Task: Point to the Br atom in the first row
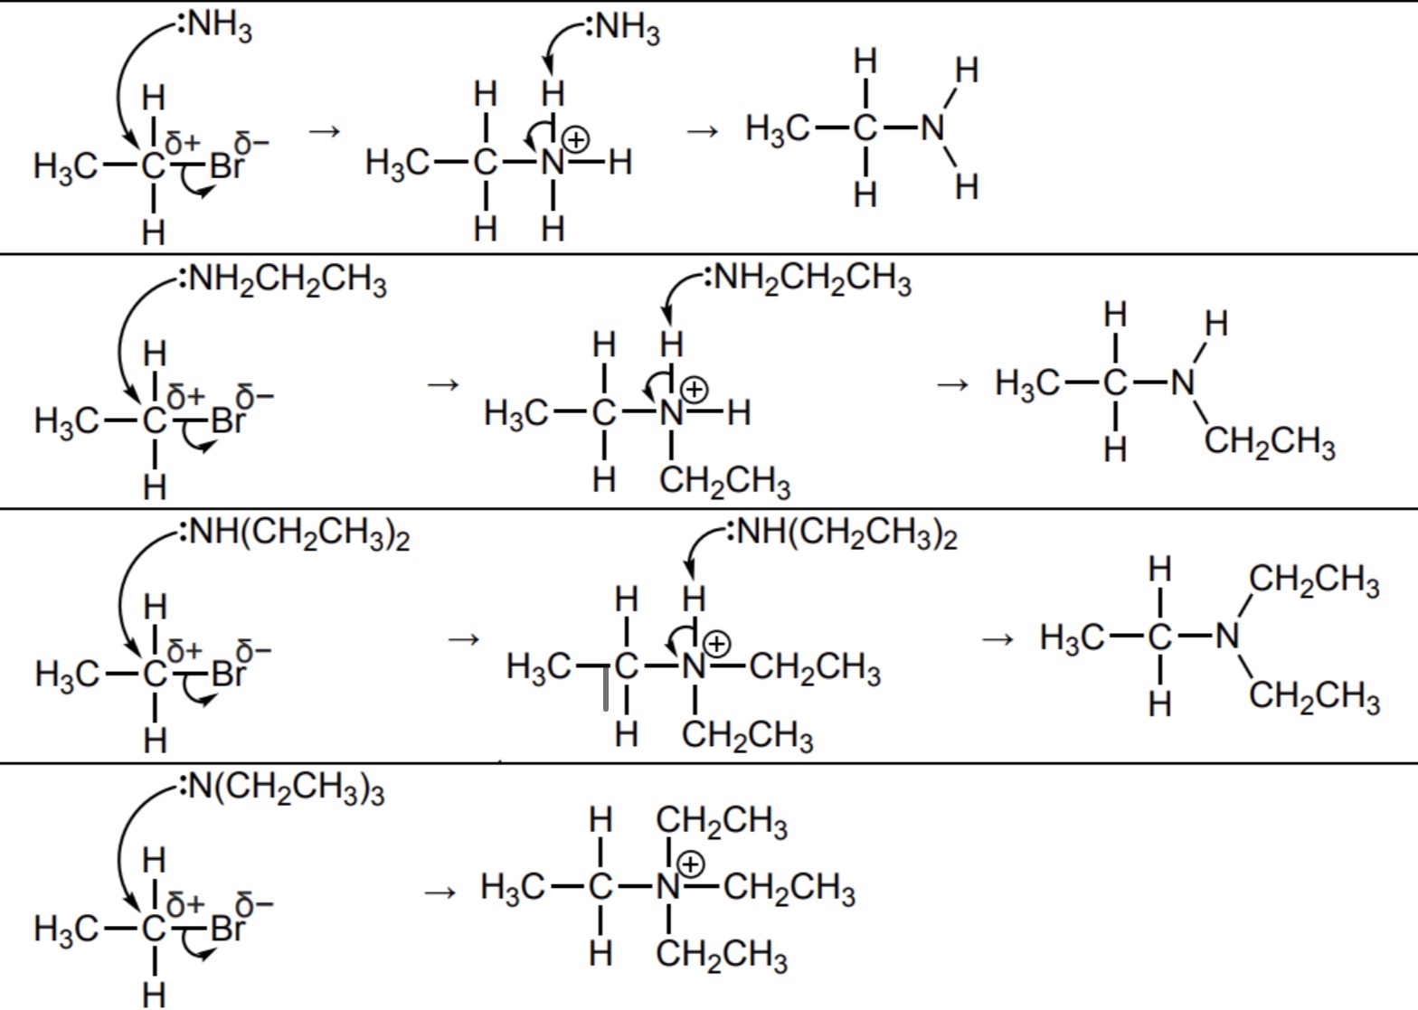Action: tap(227, 166)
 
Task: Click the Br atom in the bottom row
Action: tap(227, 928)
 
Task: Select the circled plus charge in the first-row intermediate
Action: tap(575, 139)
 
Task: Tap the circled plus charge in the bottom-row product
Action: tap(691, 864)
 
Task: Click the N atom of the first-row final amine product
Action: tap(932, 128)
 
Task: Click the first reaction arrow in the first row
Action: tap(324, 132)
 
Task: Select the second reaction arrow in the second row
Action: tap(952, 385)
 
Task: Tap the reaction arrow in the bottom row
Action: tap(440, 893)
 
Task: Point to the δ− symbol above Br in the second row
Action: tap(252, 396)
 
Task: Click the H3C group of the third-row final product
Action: tap(1073, 637)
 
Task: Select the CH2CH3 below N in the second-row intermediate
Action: tap(725, 481)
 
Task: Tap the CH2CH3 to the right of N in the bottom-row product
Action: tap(789, 889)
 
